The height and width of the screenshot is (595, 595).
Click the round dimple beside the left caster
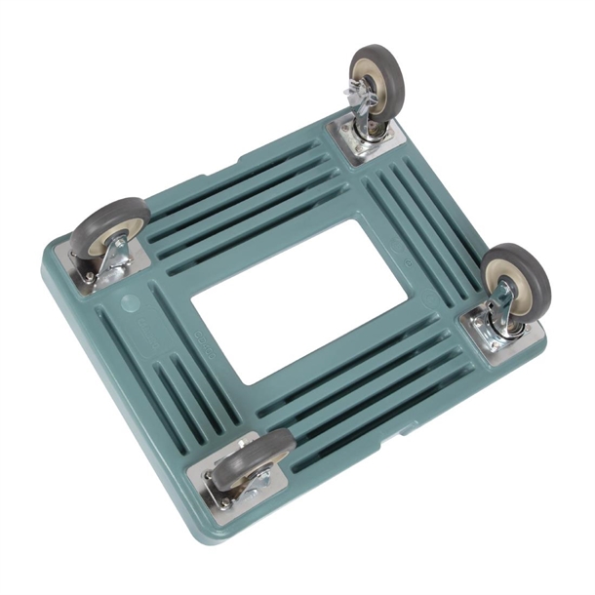(x=131, y=304)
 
